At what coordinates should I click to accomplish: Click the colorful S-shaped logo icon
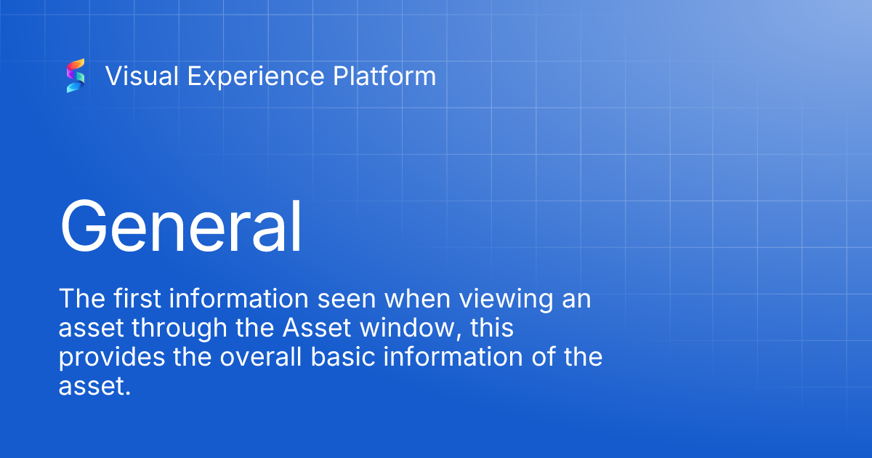click(x=76, y=76)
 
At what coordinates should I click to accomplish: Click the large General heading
click(x=180, y=226)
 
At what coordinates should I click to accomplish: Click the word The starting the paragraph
click(x=79, y=299)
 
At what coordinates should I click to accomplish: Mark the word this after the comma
click(x=492, y=329)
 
